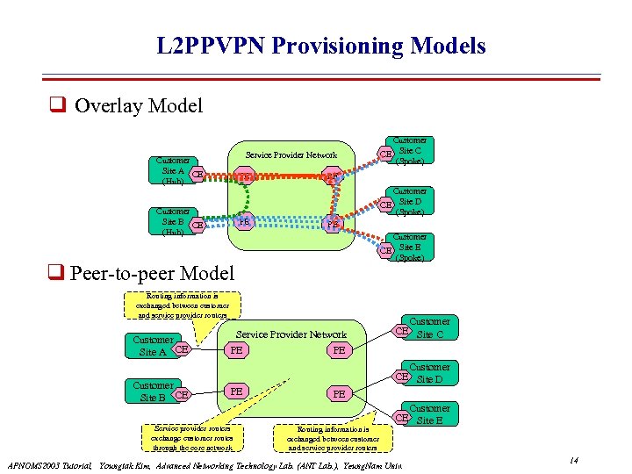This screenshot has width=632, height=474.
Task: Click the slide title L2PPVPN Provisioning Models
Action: (x=321, y=46)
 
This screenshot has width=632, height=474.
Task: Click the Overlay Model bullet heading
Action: (x=138, y=106)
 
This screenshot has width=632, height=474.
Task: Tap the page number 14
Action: (x=572, y=461)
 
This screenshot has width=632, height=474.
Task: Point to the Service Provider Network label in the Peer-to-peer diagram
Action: (x=292, y=334)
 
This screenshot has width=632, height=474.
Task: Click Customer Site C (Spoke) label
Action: (x=410, y=151)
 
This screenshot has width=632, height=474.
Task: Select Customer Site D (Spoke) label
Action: (x=410, y=202)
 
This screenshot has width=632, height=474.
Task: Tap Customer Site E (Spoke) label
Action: (x=410, y=248)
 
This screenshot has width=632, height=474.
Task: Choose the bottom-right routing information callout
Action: (x=333, y=437)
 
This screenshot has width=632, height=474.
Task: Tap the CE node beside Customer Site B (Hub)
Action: (x=198, y=226)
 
